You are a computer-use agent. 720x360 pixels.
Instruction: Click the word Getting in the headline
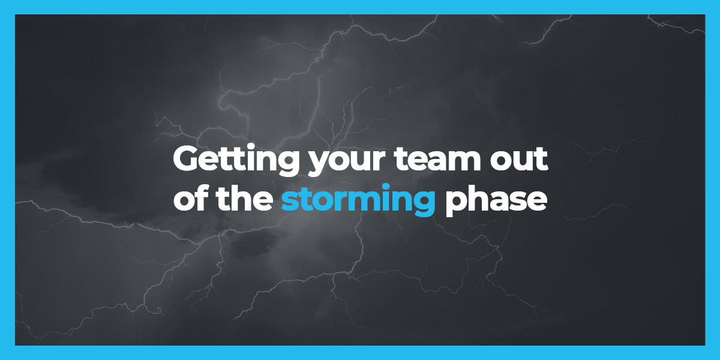tap(236, 160)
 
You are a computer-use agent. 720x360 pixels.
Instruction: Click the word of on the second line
tap(191, 198)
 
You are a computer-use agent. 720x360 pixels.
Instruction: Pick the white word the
tap(245, 198)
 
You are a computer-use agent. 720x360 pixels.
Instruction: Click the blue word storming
tap(358, 200)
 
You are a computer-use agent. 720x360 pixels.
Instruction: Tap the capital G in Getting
tap(187, 159)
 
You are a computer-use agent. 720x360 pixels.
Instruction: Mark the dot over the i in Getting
tap(247, 149)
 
